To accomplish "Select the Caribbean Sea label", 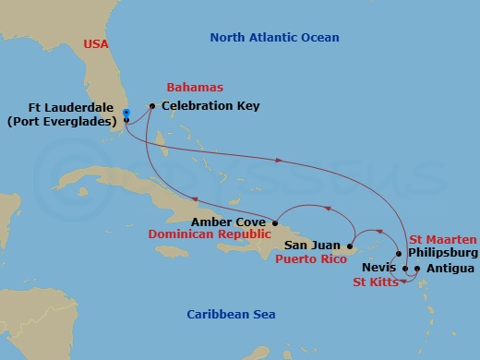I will [232, 315].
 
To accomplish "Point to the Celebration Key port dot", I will [151, 106].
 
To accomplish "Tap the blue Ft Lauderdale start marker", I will [126, 113].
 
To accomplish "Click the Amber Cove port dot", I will [275, 222].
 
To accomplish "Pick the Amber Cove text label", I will [230, 222].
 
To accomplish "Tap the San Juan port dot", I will [350, 246].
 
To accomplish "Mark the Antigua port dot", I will [417, 270].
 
